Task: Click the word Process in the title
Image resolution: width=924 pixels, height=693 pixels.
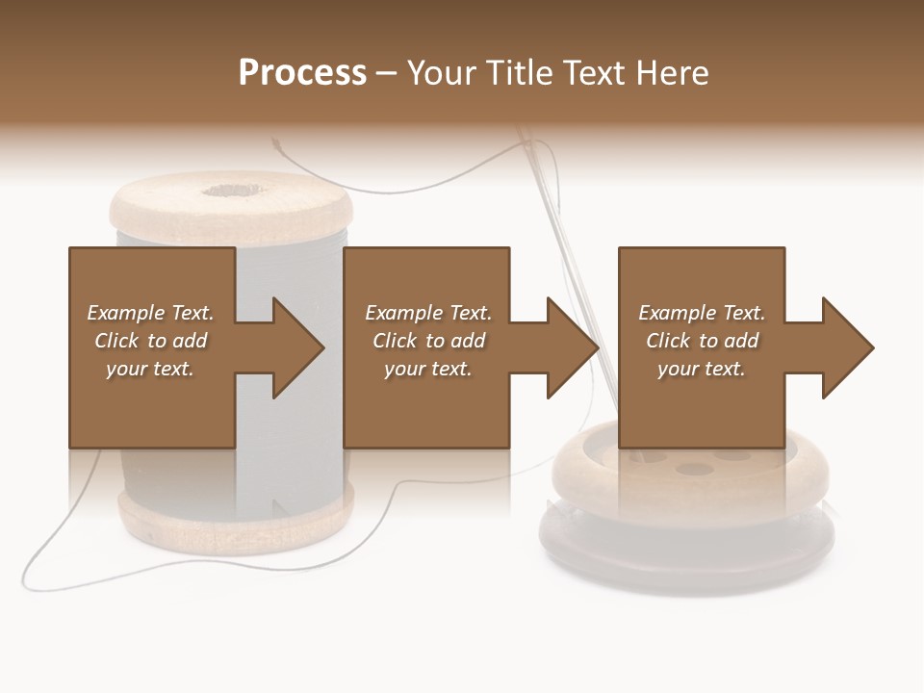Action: pos(302,72)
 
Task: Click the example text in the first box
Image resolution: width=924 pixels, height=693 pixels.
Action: pos(151,341)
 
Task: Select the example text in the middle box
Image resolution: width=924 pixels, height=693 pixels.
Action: pos(427,341)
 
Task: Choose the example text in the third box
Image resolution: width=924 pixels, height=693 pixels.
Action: pos(702,341)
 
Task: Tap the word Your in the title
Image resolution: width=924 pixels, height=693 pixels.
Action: pos(446,72)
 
